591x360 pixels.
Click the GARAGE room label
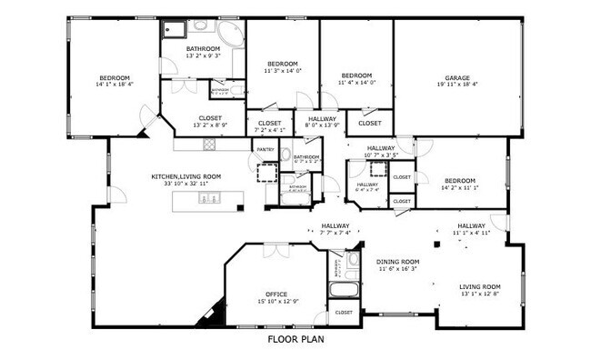457,77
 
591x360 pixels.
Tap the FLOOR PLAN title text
295,340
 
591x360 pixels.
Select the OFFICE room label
277,294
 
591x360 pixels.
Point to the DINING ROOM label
397,261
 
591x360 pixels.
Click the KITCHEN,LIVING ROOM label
186,176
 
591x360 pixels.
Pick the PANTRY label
265,149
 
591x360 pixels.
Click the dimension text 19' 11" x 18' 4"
457,85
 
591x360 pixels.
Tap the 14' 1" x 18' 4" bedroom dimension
115,85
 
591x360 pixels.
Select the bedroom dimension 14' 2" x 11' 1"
460,187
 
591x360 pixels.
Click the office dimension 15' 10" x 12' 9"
277,301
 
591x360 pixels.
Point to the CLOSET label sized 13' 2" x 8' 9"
210,118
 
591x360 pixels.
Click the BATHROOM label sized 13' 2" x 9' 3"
203,48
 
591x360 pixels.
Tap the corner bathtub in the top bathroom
231,35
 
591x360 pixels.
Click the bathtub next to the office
344,293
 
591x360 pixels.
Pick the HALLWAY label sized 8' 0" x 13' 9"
322,118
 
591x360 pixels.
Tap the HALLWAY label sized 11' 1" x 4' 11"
471,225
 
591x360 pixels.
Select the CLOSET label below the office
344,312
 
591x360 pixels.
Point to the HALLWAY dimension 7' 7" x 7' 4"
335,233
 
